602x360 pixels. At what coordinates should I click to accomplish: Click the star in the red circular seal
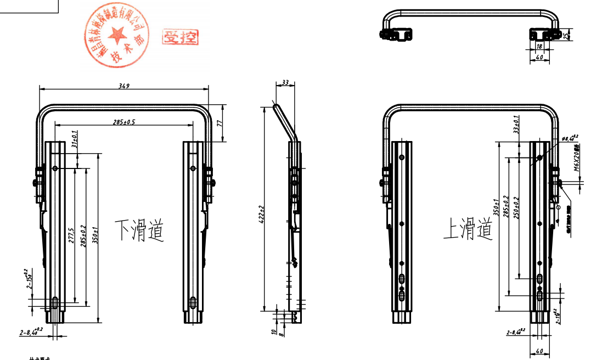(x=116, y=36)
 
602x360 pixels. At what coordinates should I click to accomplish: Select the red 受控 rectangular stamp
(x=180, y=37)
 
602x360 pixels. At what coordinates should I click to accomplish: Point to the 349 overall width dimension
(x=125, y=85)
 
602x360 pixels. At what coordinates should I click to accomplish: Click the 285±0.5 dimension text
(x=124, y=121)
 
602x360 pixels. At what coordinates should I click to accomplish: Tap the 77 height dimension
(x=220, y=123)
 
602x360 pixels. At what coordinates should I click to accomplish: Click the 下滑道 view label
(x=139, y=230)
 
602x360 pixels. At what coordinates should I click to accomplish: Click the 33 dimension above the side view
(x=285, y=82)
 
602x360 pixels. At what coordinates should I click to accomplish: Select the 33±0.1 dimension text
(x=515, y=125)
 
